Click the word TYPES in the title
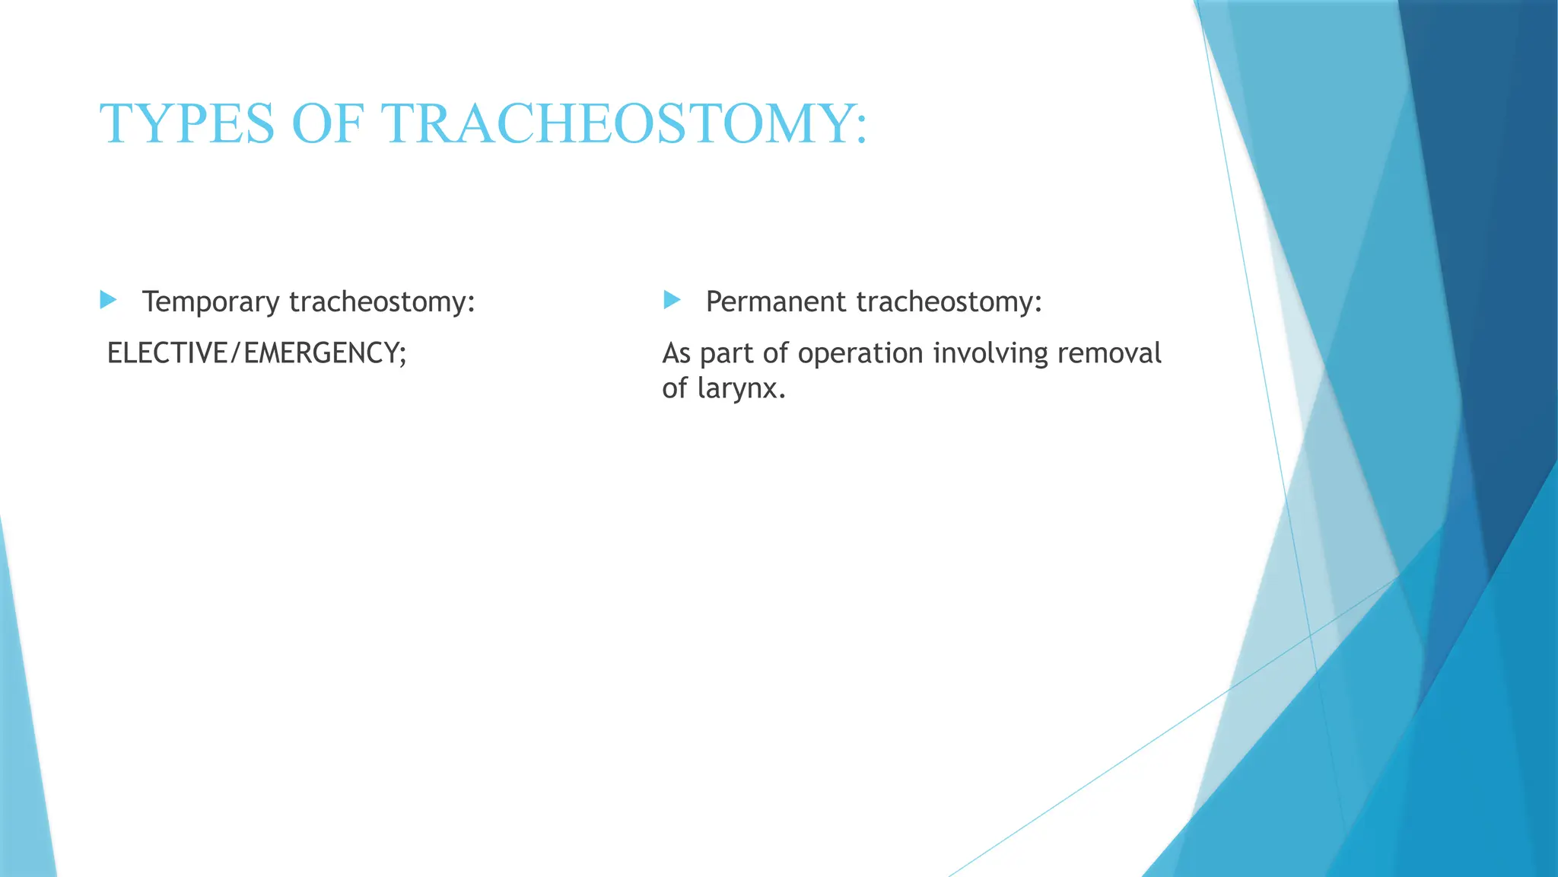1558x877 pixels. point(186,124)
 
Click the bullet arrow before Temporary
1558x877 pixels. point(108,300)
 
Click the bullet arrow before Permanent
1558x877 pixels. point(672,300)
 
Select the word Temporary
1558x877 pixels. point(211,302)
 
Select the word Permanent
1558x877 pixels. point(776,302)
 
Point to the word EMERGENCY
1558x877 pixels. point(320,353)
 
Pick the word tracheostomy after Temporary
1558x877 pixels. point(381,302)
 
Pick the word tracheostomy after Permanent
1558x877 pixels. point(948,302)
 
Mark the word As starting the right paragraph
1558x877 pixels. point(676,353)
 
